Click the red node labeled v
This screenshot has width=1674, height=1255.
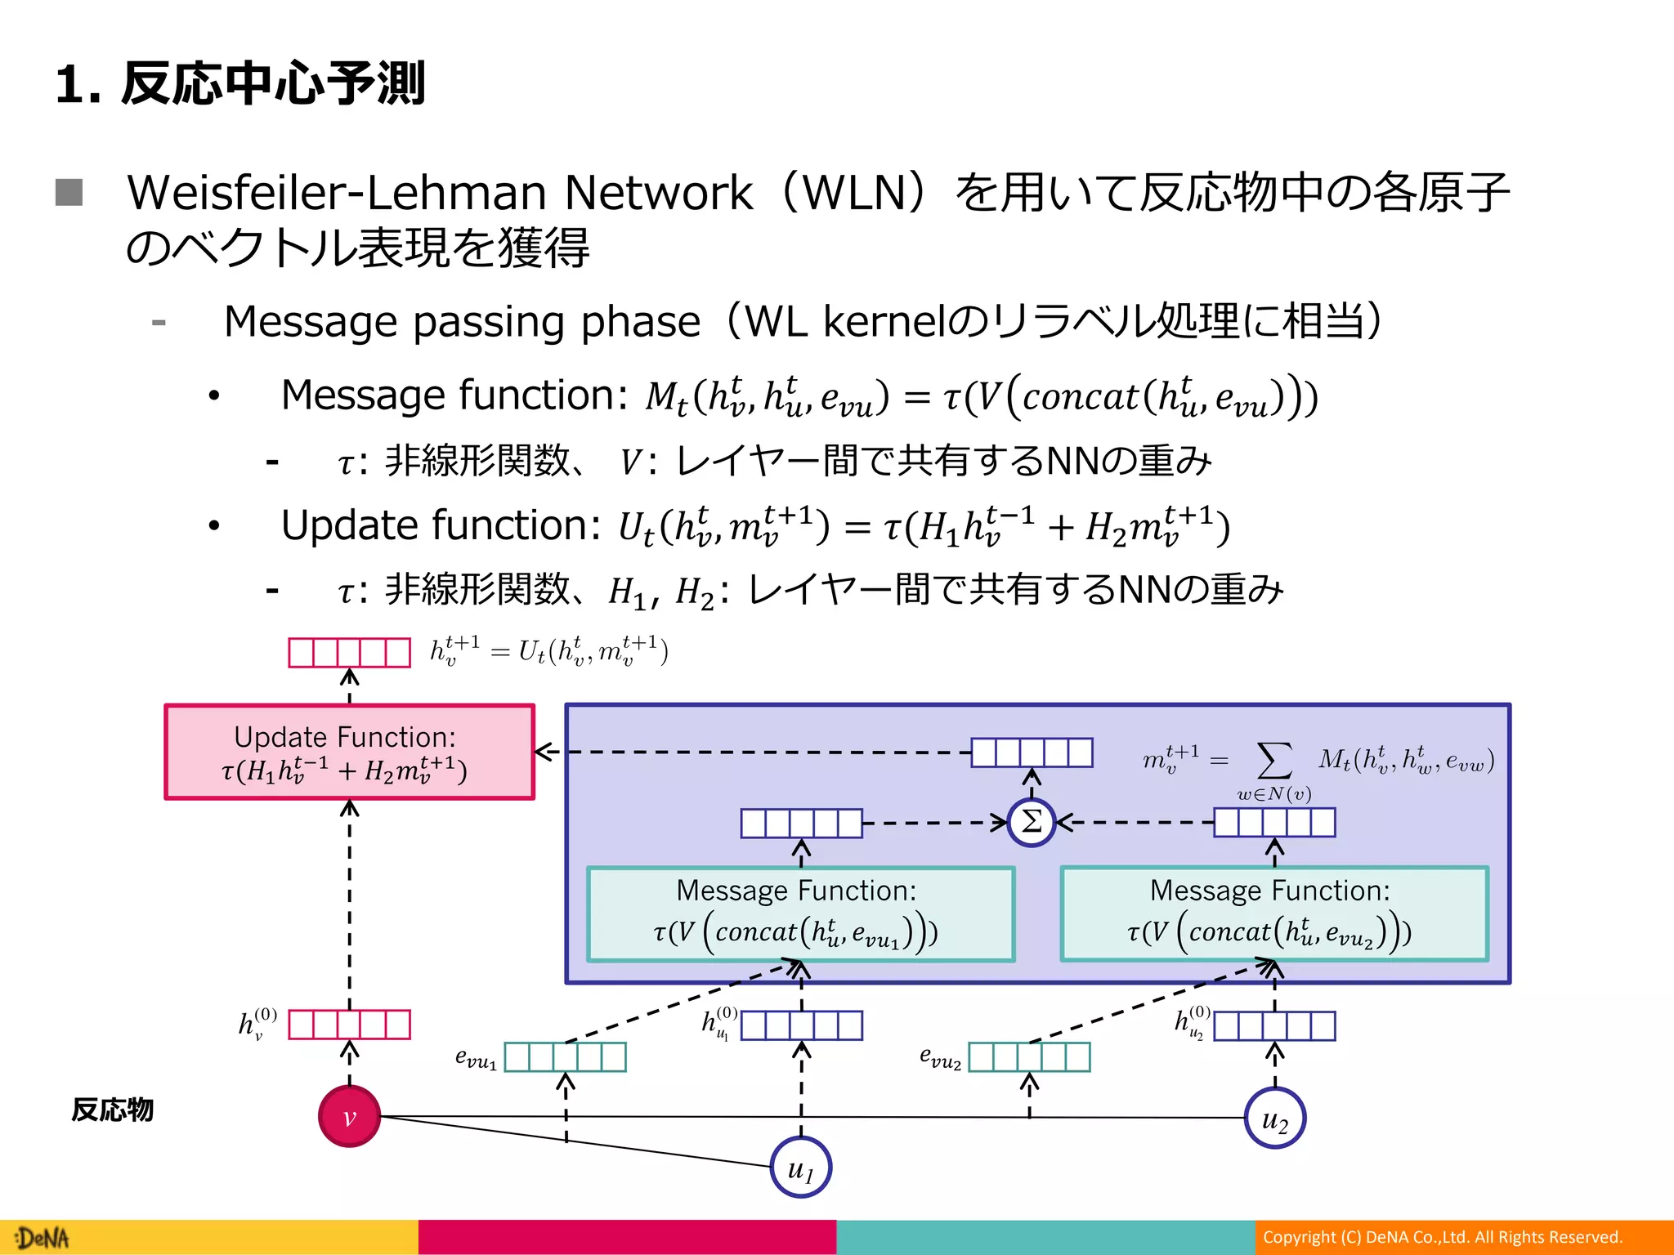click(x=349, y=1116)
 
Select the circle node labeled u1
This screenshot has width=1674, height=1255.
click(x=801, y=1168)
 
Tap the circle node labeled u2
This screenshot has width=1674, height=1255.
click(x=1274, y=1118)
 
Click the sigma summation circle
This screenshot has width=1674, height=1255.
click(x=1032, y=822)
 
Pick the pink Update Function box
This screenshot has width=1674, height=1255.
click(x=349, y=752)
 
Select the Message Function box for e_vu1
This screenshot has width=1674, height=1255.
click(x=801, y=913)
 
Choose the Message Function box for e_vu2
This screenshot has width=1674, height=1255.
click(x=1274, y=913)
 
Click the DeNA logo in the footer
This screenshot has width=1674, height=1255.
click(x=43, y=1238)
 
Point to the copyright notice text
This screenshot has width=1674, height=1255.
click(x=1443, y=1237)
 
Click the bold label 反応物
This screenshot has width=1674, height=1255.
click(x=112, y=1110)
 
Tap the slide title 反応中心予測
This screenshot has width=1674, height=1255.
click(x=274, y=83)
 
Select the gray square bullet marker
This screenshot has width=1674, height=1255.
click(x=69, y=193)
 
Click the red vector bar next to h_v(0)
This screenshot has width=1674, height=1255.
click(x=349, y=1024)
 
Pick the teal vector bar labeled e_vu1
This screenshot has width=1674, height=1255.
click(x=565, y=1056)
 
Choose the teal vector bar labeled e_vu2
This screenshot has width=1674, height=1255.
click(x=1029, y=1056)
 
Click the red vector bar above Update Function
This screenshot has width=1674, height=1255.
click(x=349, y=652)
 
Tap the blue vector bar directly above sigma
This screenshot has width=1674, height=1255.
click(x=1032, y=752)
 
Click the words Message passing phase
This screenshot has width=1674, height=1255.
click(x=462, y=321)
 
